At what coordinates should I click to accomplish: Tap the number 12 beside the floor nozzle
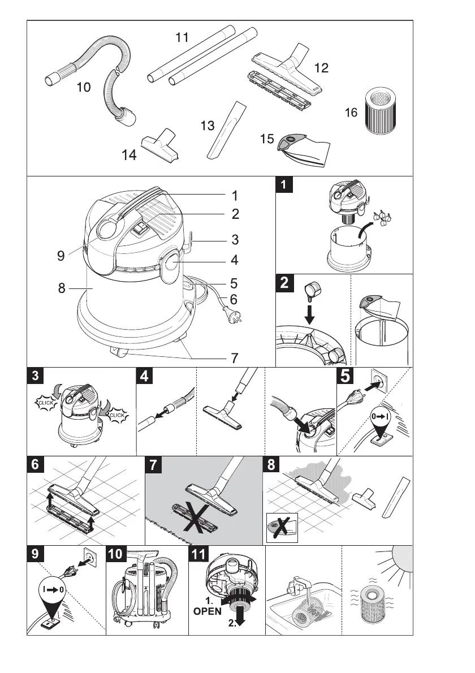(322, 68)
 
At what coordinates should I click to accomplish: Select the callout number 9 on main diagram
(61, 256)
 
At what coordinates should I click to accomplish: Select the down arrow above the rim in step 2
(311, 310)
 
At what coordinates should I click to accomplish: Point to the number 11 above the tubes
(182, 38)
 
